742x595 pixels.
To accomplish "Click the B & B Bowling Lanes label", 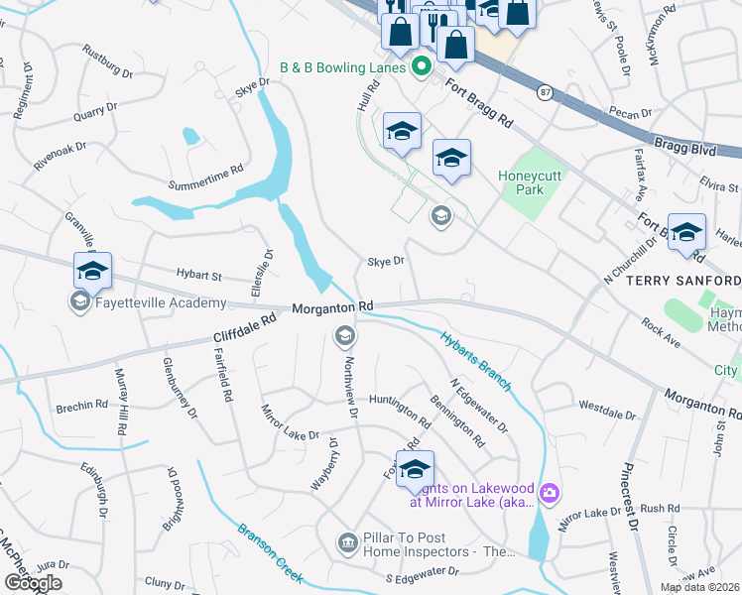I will click(342, 67).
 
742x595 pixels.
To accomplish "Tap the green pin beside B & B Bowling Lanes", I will click(420, 67).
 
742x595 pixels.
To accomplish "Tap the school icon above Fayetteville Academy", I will click(92, 271).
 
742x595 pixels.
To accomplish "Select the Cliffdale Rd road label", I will click(244, 330).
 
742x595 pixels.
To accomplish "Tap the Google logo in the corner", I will click(34, 582).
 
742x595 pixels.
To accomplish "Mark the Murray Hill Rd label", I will click(121, 403).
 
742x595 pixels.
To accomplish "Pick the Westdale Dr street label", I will click(605, 407).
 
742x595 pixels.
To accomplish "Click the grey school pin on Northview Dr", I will click(344, 336).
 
